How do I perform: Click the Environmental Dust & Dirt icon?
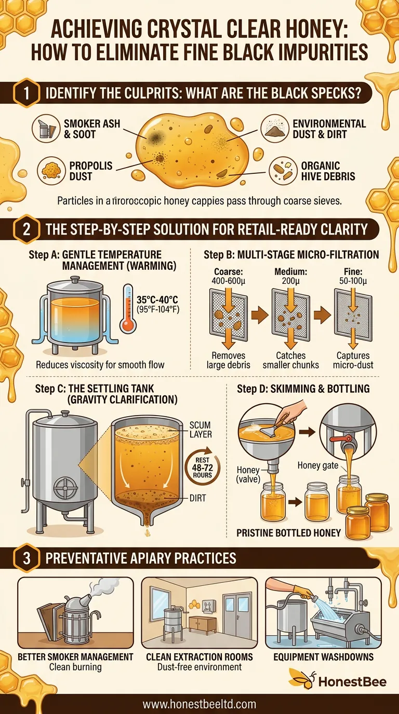click(x=274, y=129)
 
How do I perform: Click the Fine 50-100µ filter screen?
click(x=353, y=314)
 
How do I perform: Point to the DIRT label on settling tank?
click(x=198, y=498)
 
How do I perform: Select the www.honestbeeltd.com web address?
click(x=199, y=704)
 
